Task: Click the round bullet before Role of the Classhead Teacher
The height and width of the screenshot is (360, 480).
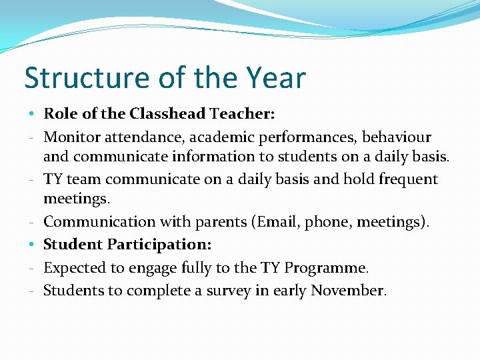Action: (x=33, y=114)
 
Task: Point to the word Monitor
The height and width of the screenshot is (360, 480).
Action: (x=72, y=137)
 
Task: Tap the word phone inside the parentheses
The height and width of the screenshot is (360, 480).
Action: (x=326, y=221)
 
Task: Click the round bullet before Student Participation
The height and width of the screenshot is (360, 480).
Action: (x=33, y=245)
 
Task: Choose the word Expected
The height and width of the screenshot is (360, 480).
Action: (x=75, y=268)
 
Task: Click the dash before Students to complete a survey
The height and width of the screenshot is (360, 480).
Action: (x=33, y=291)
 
